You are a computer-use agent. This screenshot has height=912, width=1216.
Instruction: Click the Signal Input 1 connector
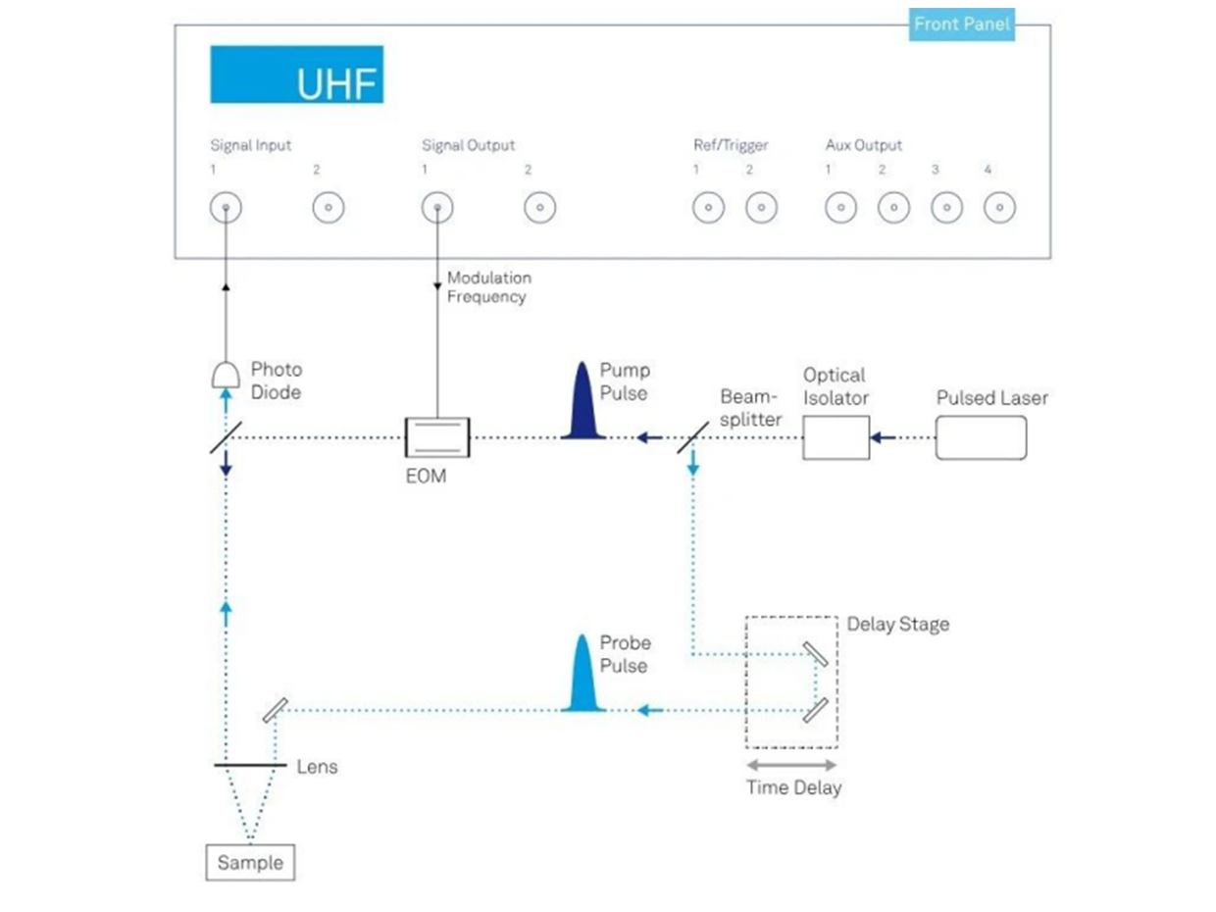coord(227,208)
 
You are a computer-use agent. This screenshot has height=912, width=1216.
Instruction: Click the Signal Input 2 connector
coord(328,208)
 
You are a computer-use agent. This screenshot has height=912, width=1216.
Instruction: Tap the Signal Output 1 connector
coord(437,208)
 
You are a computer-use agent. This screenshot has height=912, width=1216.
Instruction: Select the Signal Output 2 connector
coord(539,208)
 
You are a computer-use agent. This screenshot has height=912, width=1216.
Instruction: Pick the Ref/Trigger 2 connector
coord(761,208)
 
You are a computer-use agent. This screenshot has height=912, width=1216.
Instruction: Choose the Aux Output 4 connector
coord(998,208)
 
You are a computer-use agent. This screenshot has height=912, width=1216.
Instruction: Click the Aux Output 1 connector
coord(840,208)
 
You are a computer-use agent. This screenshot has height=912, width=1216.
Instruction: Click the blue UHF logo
coord(296,75)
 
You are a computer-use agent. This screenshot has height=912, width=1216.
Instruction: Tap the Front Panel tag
coord(961,25)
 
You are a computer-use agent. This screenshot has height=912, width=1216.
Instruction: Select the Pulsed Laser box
coord(981,437)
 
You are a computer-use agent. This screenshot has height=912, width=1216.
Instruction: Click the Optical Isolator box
coord(836,437)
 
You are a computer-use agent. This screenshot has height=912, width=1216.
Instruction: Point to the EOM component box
coord(437,437)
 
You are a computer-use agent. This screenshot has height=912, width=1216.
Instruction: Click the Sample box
coord(250,863)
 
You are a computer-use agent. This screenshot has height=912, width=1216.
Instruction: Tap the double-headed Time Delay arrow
coord(792,765)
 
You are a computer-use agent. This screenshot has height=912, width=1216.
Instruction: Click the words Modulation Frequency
coord(488,287)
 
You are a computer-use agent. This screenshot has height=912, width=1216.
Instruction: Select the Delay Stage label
coord(897,625)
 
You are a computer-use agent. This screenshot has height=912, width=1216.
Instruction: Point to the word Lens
coord(317,767)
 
